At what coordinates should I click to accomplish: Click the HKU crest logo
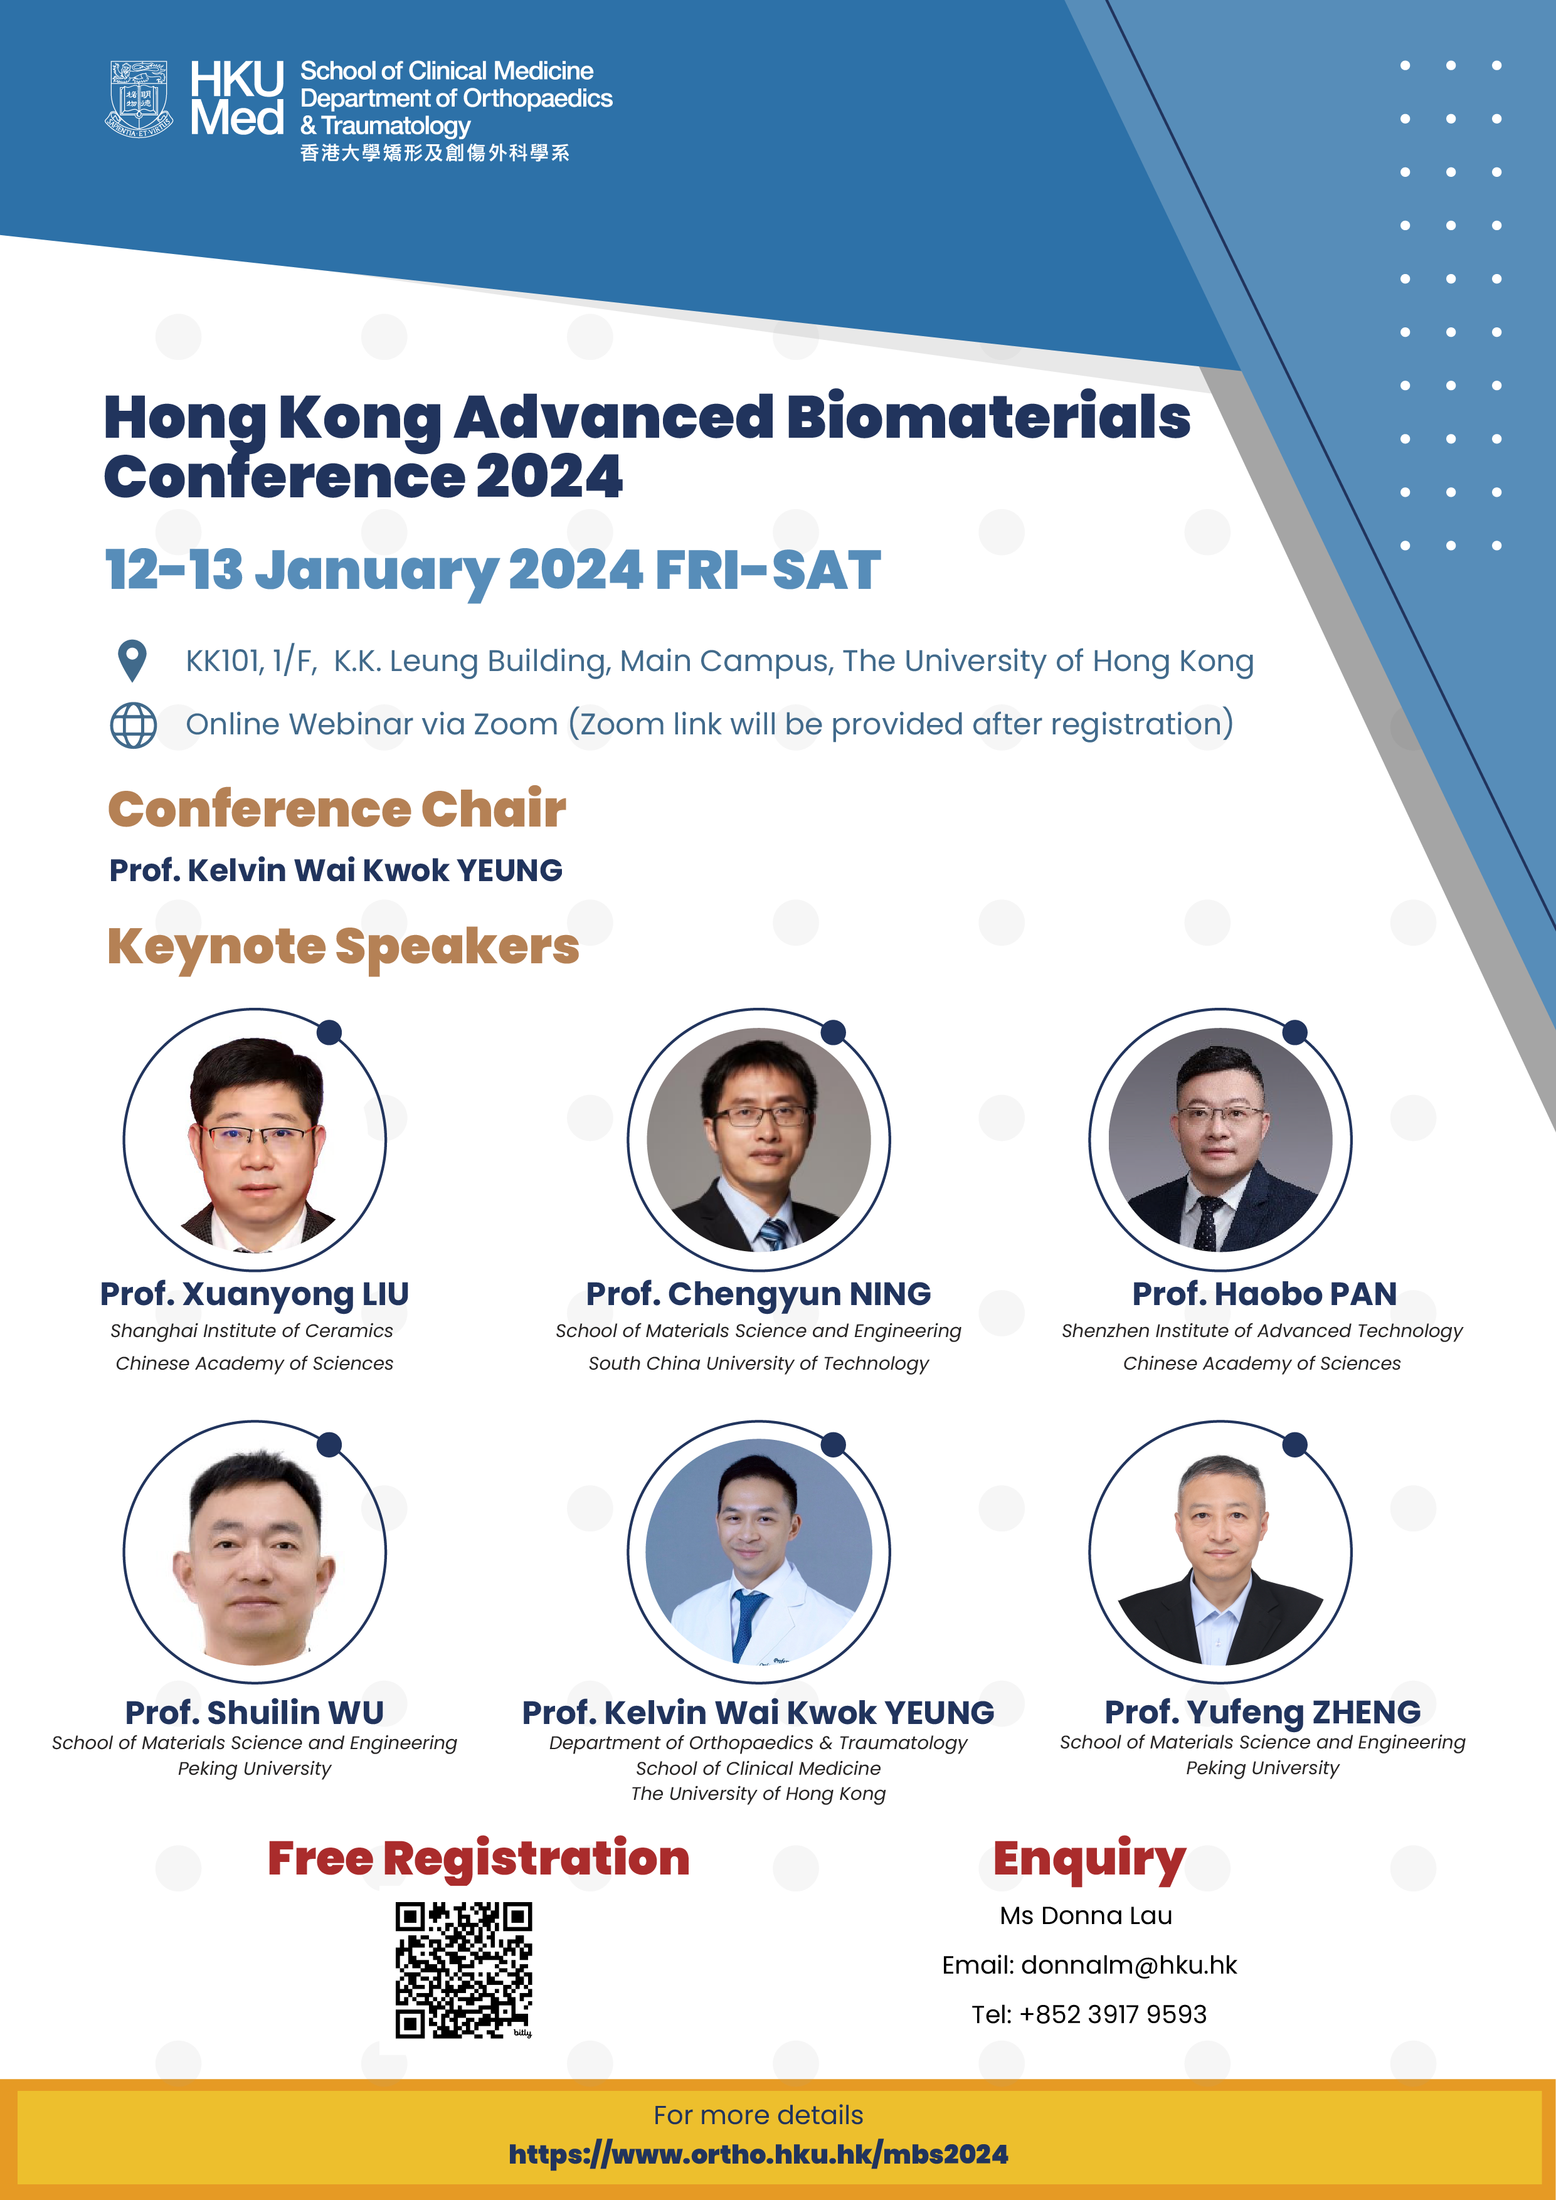point(139,98)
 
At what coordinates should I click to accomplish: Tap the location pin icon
point(132,660)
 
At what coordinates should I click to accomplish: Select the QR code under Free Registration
point(463,1970)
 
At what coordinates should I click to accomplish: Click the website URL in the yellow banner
point(758,2154)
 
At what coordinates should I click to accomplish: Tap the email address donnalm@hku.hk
point(1129,1965)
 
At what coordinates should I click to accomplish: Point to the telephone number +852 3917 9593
point(1113,2014)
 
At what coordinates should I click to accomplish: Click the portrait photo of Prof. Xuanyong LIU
point(255,1140)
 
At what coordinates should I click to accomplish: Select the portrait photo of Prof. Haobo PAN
point(1220,1140)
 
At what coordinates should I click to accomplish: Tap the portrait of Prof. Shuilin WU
point(255,1552)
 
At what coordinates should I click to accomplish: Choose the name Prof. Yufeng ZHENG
point(1263,1711)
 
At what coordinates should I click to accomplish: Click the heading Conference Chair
point(337,809)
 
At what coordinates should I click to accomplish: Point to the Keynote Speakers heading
point(343,947)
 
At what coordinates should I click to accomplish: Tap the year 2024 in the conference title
point(549,476)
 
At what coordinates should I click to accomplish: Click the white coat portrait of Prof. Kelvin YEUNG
point(759,1552)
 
